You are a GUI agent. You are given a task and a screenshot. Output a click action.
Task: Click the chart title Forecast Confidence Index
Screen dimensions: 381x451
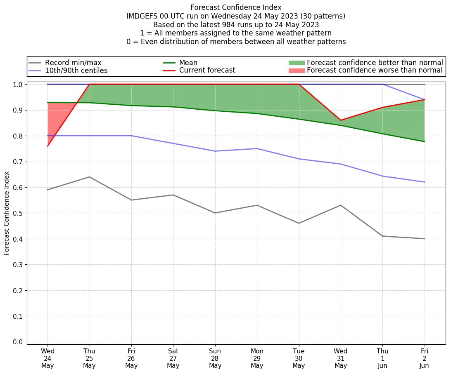pos(236,7)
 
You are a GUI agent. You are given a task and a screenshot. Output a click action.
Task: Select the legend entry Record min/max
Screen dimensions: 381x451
pos(73,63)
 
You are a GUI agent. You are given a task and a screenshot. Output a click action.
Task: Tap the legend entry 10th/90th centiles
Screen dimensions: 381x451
pos(76,71)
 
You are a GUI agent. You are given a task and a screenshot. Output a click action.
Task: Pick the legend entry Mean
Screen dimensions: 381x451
pos(188,63)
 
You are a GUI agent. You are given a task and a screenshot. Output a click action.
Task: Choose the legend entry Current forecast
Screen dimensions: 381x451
pos(207,71)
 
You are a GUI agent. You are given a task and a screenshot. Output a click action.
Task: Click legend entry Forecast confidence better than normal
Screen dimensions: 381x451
pos(375,63)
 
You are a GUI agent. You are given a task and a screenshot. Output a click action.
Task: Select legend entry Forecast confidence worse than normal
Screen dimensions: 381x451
pos(375,71)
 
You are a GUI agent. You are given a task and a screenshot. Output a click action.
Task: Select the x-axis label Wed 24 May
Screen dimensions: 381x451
pos(47,358)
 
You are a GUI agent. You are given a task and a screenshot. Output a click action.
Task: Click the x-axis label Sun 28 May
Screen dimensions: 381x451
pos(215,358)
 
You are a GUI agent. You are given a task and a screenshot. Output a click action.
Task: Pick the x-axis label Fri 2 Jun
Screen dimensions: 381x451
pos(424,358)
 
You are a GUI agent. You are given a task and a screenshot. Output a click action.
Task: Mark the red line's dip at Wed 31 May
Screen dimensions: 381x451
pos(341,120)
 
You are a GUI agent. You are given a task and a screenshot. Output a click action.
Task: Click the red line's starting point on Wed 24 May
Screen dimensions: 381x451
pos(47,146)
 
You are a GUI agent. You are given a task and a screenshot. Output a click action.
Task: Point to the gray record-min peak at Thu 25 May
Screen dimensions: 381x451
pos(89,177)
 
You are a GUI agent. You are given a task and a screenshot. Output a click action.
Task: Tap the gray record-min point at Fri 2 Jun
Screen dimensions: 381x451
pos(424,239)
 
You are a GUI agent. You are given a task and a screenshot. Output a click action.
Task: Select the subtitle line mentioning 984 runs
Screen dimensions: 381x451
pos(236,25)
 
